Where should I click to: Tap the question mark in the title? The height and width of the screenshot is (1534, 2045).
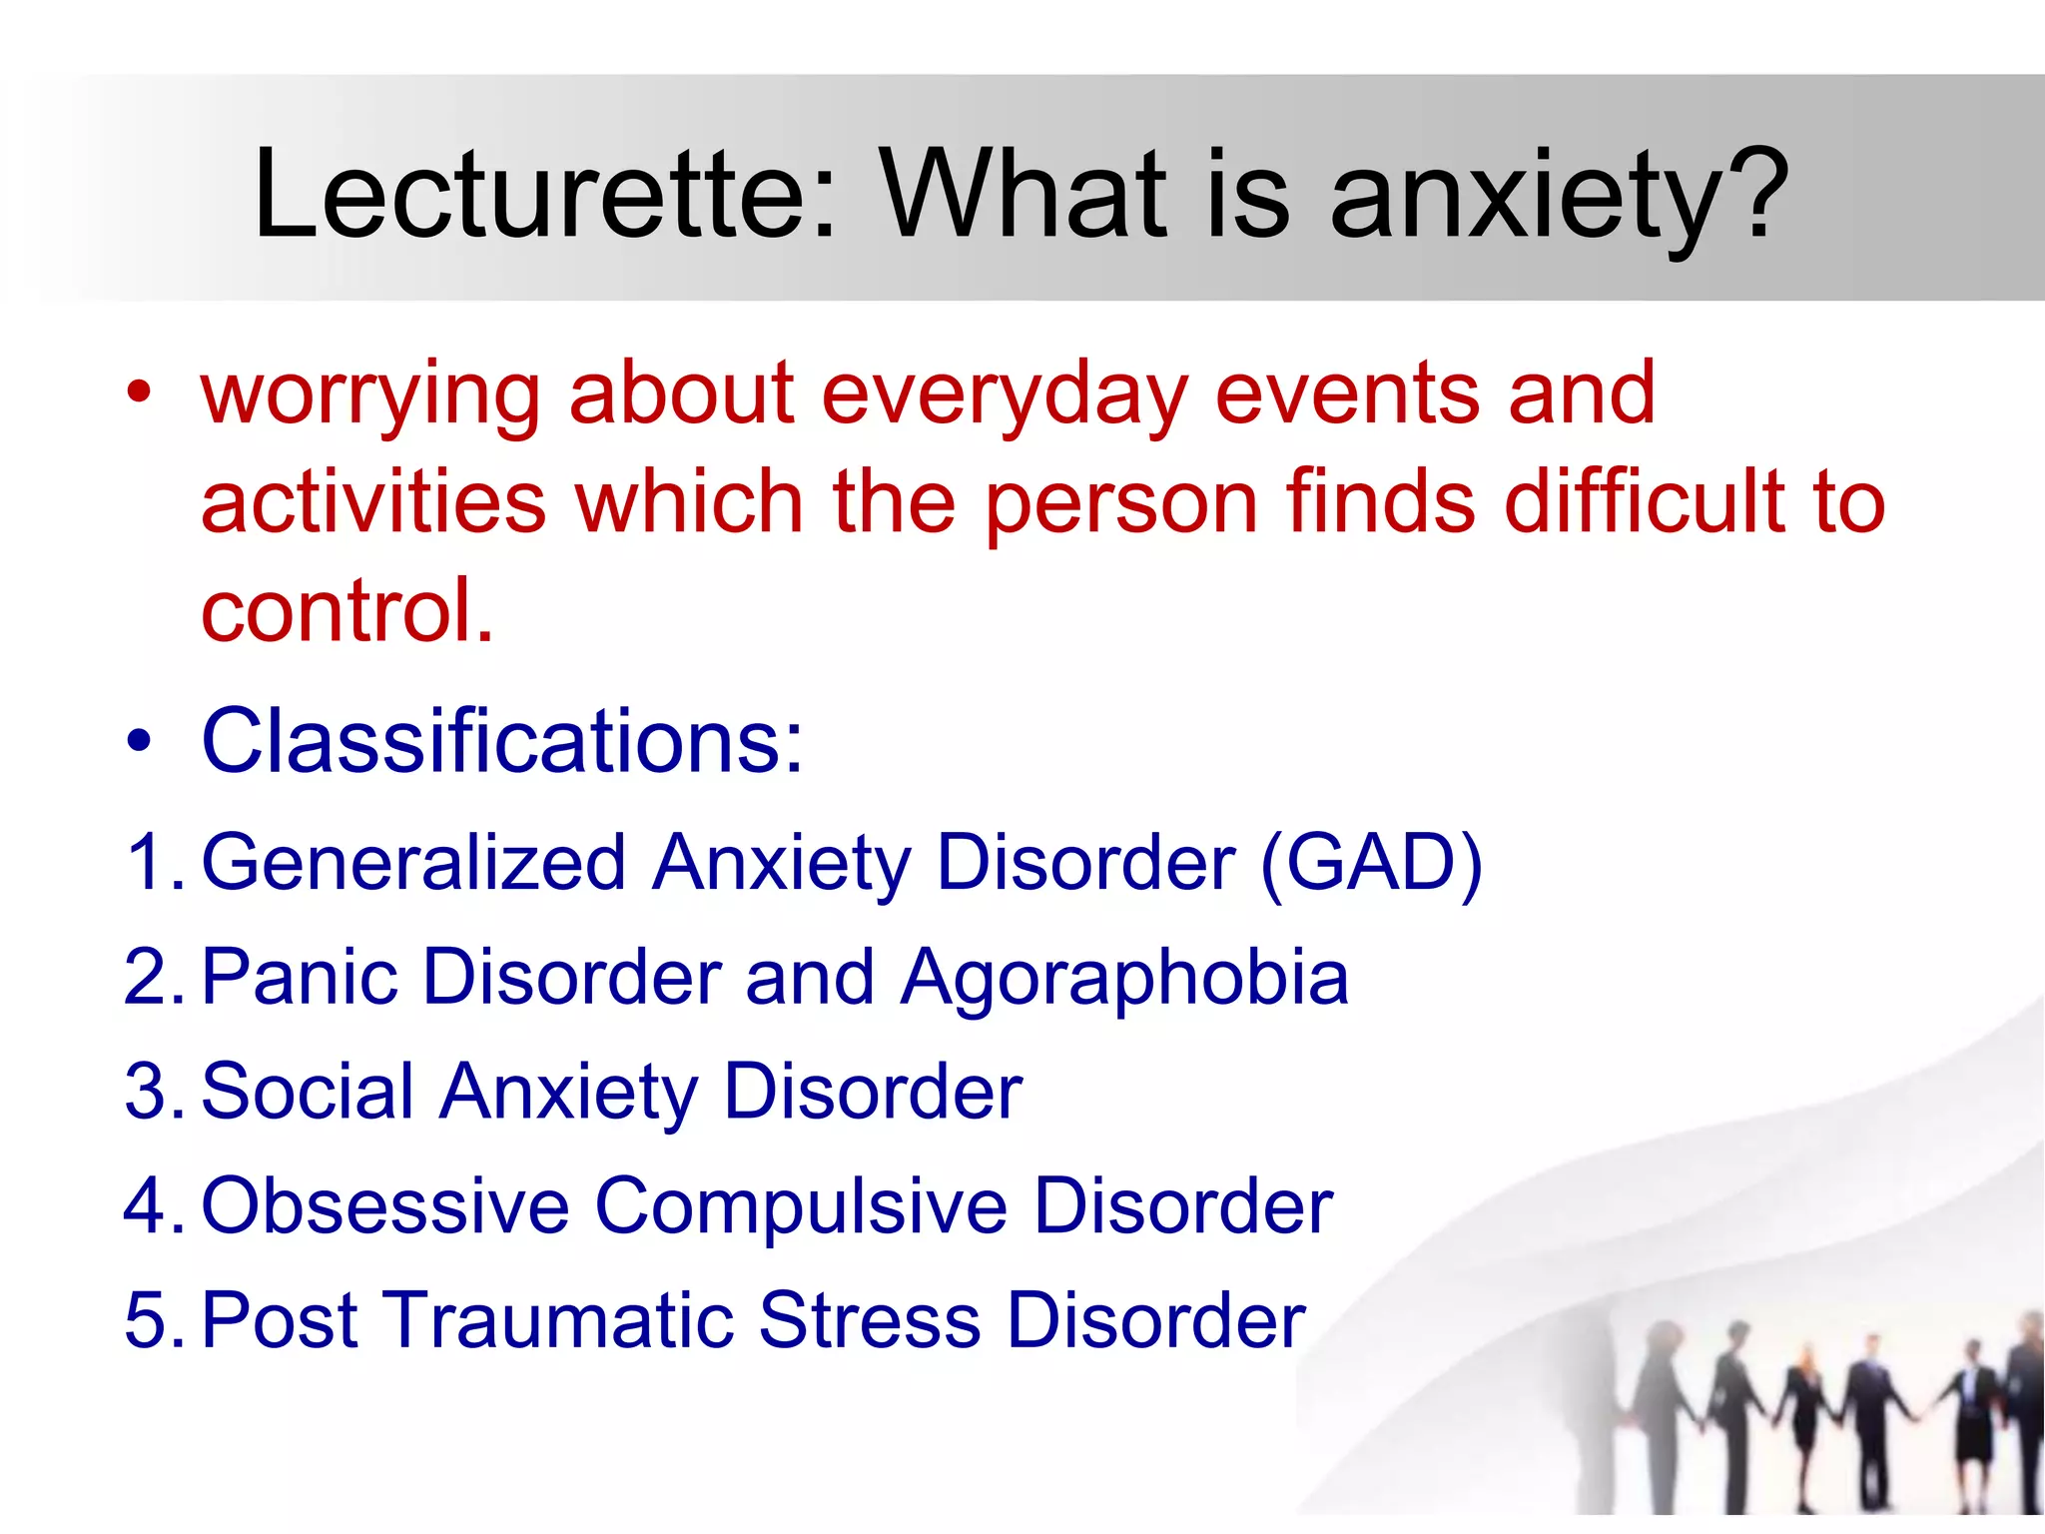[x=1757, y=195]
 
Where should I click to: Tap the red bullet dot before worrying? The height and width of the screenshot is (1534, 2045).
[x=139, y=392]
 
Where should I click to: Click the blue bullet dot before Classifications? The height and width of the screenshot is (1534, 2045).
[x=139, y=741]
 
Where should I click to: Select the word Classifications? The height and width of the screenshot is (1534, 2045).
[x=502, y=741]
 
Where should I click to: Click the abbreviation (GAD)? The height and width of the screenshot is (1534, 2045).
[x=1371, y=862]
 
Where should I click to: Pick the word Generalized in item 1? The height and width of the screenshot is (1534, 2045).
[x=413, y=862]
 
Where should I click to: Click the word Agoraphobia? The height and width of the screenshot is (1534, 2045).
[x=1124, y=977]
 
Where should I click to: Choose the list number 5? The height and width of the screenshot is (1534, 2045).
[x=149, y=1320]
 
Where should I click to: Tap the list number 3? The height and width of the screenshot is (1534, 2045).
[x=149, y=1092]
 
